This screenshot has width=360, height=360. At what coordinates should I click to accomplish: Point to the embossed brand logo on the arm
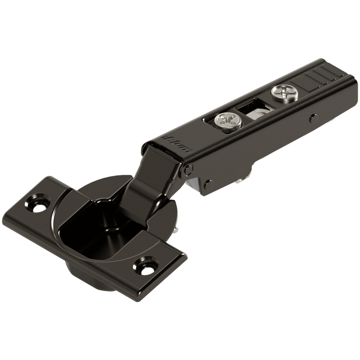click(177, 144)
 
